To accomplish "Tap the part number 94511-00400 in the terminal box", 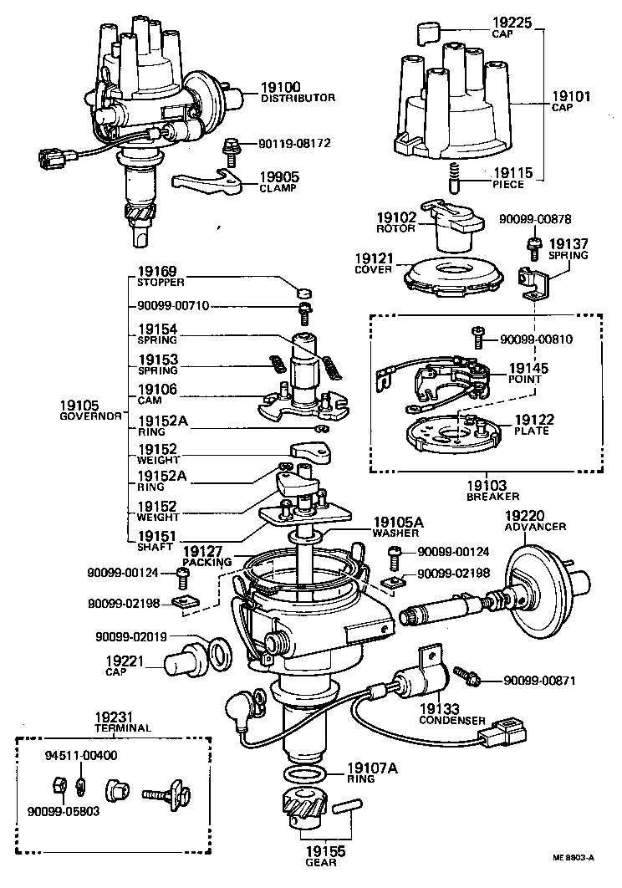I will coord(80,756).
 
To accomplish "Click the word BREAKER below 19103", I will coord(487,497).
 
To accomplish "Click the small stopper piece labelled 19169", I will coord(306,293).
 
